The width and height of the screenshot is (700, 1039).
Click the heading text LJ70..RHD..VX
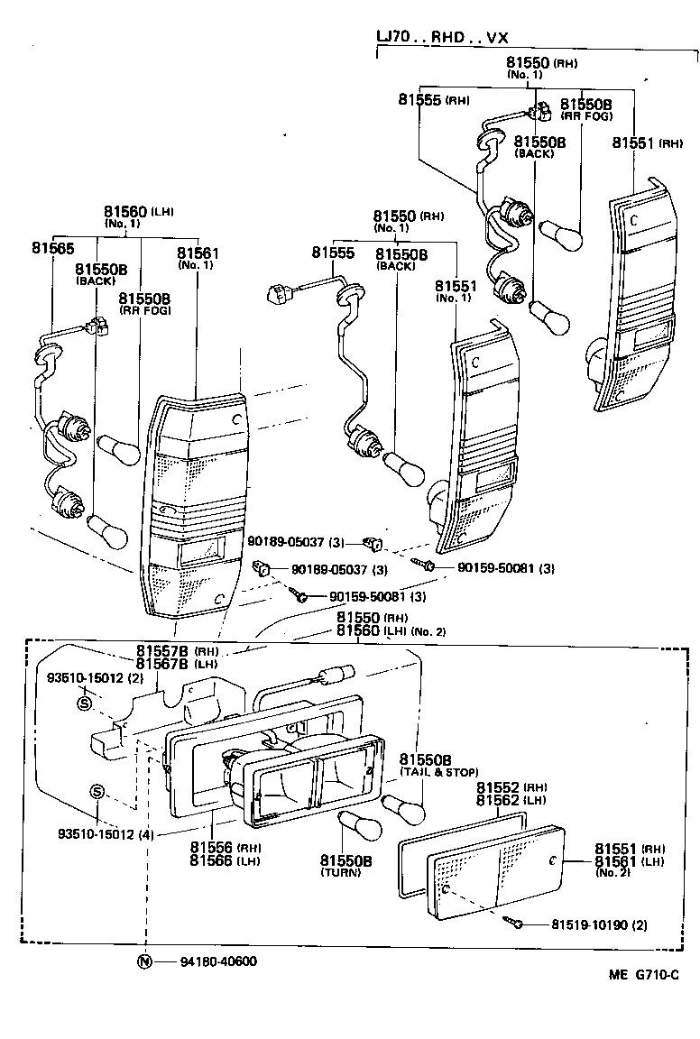point(443,37)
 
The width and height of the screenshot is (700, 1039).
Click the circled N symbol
point(144,961)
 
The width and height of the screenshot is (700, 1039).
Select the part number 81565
point(52,246)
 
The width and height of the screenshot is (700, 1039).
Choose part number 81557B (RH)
point(176,650)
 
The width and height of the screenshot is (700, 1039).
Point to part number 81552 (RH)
point(511,786)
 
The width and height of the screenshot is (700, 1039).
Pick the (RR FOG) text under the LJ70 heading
point(586,115)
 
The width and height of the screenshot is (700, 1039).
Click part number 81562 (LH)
point(511,800)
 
